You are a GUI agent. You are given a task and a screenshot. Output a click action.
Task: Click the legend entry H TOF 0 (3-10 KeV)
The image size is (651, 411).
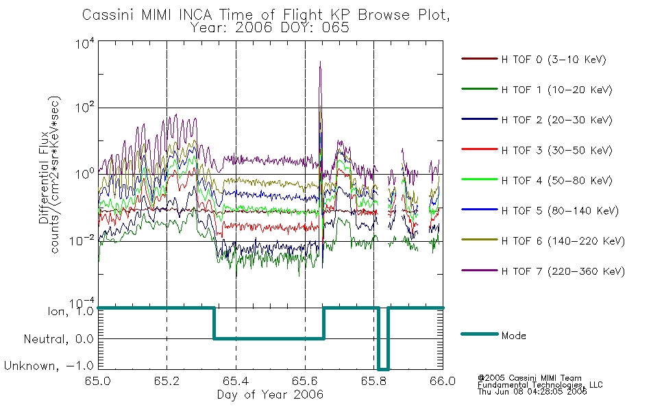pos(534,60)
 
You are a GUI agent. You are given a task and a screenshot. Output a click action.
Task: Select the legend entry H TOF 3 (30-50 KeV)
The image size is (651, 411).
pos(537,150)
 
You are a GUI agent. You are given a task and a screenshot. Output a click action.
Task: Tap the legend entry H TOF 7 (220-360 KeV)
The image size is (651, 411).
pos(543,271)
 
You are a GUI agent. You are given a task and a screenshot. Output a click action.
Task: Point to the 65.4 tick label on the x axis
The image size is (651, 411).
pos(236,381)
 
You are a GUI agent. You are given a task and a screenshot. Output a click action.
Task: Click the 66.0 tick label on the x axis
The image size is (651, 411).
pos(443,381)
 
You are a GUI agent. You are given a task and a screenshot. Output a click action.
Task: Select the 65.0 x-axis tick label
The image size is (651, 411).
pos(98,381)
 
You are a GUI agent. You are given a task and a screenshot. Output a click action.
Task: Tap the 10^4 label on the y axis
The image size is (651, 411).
pos(85,43)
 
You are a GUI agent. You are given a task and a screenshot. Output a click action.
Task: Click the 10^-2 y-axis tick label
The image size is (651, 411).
pos(82,241)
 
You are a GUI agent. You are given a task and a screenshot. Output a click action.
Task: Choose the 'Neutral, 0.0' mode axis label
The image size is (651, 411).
pos(59,339)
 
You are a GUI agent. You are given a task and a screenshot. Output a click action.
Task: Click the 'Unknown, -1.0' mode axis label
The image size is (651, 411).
pos(49,366)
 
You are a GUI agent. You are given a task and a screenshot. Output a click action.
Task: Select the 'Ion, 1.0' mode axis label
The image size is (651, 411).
pos(71,311)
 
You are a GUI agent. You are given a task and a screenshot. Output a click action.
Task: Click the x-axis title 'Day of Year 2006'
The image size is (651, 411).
pos(270,395)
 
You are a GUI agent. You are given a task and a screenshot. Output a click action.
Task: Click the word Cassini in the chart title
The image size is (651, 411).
pos(109,15)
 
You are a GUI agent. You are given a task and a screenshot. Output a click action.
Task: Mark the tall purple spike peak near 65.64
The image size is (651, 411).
pos(320,62)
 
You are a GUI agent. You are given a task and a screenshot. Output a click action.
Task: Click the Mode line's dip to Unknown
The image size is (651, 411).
pos(383,369)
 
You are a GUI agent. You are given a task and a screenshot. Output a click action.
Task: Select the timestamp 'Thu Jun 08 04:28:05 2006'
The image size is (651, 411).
pos(532,392)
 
